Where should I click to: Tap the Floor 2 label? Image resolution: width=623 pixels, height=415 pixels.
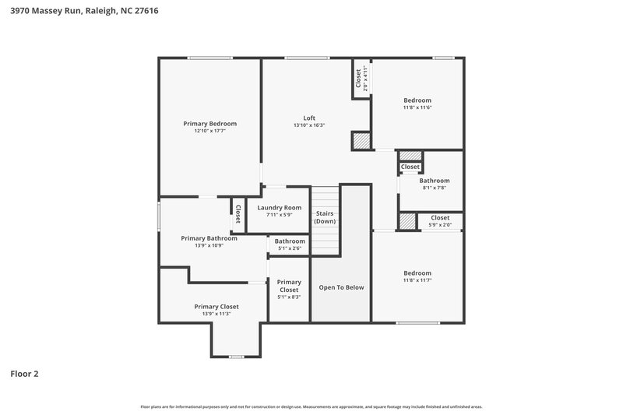tap(24, 374)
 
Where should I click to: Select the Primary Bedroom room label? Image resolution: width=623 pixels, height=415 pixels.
tap(209, 124)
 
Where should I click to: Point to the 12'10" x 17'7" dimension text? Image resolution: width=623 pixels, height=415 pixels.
tap(209, 131)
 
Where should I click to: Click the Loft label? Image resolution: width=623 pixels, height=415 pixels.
tap(309, 118)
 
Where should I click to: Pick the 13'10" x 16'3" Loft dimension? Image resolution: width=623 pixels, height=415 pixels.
tap(309, 125)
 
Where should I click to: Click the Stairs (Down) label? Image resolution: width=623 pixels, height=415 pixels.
tap(325, 216)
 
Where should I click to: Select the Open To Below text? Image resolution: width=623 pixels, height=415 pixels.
tap(341, 287)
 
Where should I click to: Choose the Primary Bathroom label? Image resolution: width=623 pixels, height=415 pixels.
tap(209, 238)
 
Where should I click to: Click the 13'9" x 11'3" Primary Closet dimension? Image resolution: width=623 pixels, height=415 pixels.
tap(216, 314)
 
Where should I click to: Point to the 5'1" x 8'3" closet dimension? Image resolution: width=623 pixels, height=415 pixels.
tap(289, 297)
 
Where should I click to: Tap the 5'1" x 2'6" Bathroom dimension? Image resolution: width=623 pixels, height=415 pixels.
tap(290, 248)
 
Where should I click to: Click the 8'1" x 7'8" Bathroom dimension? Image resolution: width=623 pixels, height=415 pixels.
tap(434, 188)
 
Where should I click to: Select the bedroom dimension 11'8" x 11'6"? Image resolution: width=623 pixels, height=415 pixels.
tap(417, 107)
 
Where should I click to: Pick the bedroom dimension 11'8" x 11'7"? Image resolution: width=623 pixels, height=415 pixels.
tap(417, 280)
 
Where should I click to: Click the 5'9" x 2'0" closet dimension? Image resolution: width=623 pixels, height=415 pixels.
tap(439, 225)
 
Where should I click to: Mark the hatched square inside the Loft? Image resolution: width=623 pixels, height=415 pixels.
tap(361, 141)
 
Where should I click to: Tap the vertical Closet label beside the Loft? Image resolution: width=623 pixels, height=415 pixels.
tap(359, 78)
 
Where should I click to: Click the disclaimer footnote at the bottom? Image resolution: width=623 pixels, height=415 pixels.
tap(311, 406)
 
